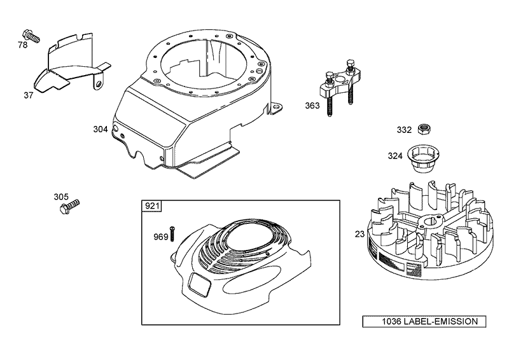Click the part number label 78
[x=23, y=46]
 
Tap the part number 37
[x=29, y=95]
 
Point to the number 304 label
[x=101, y=128]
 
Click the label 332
[x=405, y=130]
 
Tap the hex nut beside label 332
[x=422, y=130]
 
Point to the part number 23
[x=359, y=234]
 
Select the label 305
[x=61, y=197]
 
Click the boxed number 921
[x=153, y=206]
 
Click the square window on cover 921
[x=200, y=284]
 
